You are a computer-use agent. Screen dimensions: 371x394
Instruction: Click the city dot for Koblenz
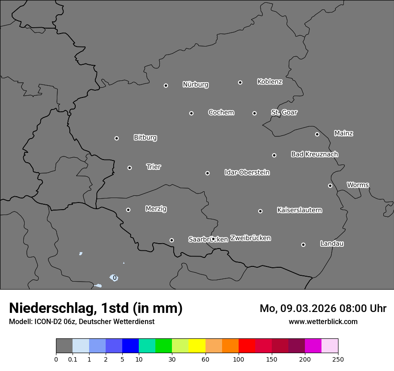click(x=240, y=82)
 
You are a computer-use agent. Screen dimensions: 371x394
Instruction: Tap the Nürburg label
click(x=195, y=84)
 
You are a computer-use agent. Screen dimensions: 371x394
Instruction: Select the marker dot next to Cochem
click(x=191, y=113)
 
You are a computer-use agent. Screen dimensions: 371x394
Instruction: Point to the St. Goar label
click(x=284, y=112)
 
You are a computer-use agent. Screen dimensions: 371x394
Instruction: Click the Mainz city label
click(x=343, y=133)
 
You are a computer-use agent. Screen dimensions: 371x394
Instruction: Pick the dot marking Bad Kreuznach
click(x=274, y=155)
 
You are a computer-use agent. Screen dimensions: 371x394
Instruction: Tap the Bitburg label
click(x=145, y=138)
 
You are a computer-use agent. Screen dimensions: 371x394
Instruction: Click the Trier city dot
click(x=129, y=168)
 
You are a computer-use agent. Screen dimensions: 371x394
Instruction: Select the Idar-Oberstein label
click(x=247, y=172)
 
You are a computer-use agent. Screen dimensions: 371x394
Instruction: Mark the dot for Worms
click(x=330, y=185)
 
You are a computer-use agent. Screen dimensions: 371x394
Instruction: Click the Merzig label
click(x=156, y=209)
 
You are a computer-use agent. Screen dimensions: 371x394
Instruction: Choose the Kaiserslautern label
click(x=299, y=210)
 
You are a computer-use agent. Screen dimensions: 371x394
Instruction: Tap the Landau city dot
click(x=303, y=245)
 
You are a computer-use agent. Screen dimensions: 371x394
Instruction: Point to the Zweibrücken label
click(x=250, y=238)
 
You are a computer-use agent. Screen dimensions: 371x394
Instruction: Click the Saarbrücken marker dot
click(x=171, y=240)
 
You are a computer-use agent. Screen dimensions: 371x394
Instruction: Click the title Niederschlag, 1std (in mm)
click(x=95, y=308)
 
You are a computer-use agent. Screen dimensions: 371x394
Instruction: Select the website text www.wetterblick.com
click(x=323, y=321)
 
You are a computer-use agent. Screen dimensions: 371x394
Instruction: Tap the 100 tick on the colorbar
click(x=239, y=359)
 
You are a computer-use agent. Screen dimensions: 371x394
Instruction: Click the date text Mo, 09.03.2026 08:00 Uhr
click(x=323, y=308)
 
